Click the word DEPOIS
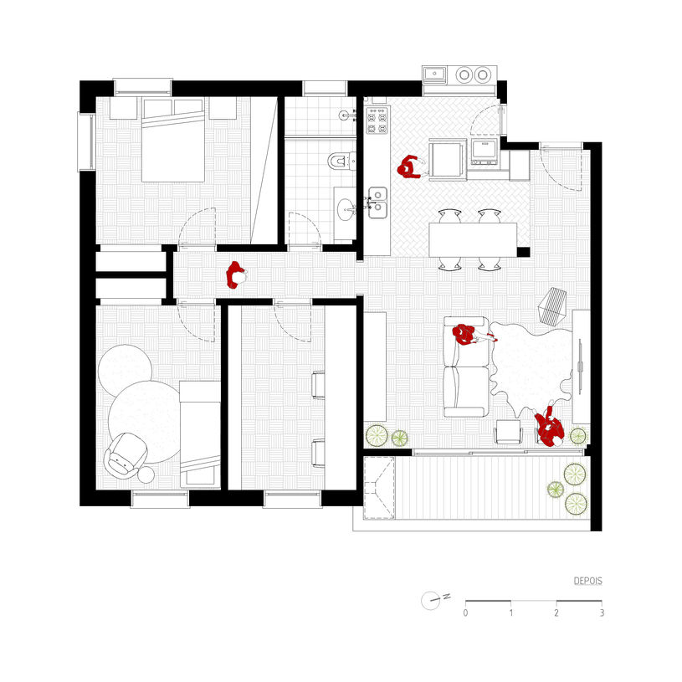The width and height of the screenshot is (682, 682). (587, 581)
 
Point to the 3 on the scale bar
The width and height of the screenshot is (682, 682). (602, 613)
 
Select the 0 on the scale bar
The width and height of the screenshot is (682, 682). (465, 613)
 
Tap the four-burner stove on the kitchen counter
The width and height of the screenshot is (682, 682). (377, 121)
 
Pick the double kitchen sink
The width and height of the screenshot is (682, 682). (377, 203)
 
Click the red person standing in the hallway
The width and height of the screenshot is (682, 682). (235, 274)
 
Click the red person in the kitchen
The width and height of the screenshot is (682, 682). (409, 167)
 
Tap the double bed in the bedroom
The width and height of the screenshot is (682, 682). (173, 140)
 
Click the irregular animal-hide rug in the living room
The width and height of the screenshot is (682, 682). (531, 367)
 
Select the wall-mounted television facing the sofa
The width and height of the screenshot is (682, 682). (580, 367)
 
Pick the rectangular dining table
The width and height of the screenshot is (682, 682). (473, 239)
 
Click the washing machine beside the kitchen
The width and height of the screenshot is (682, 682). (485, 151)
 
